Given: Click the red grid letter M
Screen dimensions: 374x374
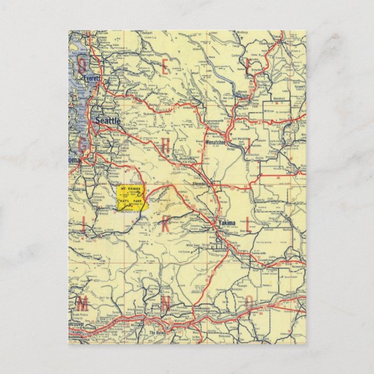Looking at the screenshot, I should click(83, 302).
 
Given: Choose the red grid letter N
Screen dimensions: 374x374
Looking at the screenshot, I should click(165, 302).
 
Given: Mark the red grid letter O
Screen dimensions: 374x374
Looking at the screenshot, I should click(249, 302).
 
